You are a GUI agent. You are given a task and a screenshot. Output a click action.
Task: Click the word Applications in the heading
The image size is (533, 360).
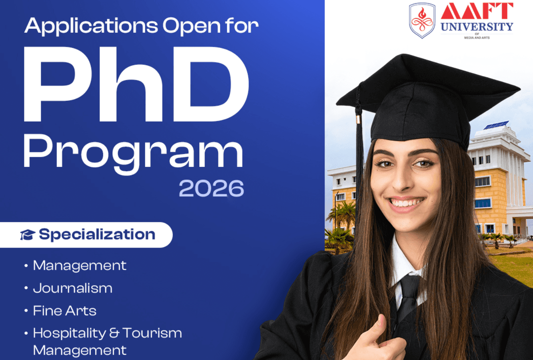[91, 26]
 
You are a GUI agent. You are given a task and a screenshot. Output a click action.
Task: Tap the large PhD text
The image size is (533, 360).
[136, 85]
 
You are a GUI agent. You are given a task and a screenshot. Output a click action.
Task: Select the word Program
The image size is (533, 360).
[133, 153]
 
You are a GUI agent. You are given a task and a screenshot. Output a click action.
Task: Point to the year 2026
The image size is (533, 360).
[211, 189]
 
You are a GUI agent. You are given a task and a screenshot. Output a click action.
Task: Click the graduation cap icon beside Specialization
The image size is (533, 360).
[28, 235]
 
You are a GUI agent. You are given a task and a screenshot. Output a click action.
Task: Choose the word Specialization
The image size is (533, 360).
[97, 234]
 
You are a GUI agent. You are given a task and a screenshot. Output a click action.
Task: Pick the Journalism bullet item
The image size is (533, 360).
[72, 288]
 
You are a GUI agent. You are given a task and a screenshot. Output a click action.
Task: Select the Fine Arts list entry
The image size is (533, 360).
[64, 311]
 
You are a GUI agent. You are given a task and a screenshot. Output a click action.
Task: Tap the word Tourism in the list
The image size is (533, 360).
[152, 333]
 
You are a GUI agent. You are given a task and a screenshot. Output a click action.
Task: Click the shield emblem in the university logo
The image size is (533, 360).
[422, 21]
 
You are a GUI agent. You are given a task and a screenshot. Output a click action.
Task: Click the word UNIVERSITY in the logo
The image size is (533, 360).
[477, 27]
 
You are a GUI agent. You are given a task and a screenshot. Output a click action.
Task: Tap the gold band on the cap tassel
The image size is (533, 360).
[359, 119]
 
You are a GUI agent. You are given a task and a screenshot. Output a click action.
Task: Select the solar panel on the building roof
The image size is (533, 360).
[496, 125]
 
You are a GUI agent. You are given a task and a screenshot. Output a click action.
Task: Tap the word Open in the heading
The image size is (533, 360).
[191, 26]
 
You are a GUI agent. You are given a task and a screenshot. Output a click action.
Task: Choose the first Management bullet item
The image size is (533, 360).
[80, 266]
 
